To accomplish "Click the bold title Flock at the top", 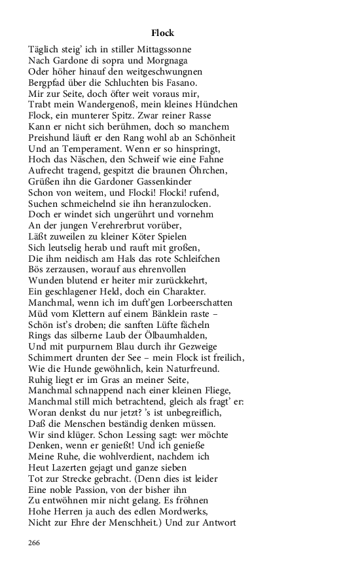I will coord(162,33).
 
